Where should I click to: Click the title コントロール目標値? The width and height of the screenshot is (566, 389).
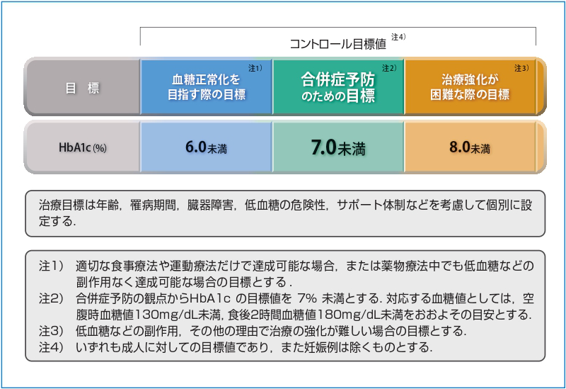coord(338,44)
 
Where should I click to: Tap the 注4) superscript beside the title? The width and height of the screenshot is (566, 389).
coord(398,37)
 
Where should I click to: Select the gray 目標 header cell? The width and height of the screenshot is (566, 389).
coord(82,87)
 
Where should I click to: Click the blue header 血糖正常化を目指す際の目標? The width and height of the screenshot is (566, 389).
coord(206,87)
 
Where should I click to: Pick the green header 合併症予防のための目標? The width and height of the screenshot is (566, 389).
coord(338,87)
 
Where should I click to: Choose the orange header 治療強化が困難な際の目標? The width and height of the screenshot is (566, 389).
coord(470,87)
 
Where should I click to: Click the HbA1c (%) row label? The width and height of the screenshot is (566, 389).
coord(82,147)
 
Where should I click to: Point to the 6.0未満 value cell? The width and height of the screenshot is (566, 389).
coord(206,147)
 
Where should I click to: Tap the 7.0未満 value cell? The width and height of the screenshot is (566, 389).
coord(338,147)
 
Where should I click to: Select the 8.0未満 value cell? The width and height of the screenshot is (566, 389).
coord(470,147)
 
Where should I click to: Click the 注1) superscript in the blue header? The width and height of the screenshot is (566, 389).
coord(255,68)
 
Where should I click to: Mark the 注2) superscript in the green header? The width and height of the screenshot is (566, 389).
coord(389,68)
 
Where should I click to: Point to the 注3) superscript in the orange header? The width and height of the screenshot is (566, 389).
coord(521,68)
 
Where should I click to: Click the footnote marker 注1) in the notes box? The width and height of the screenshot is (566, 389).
coord(51,266)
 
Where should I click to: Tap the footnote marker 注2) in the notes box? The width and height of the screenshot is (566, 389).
coord(51,298)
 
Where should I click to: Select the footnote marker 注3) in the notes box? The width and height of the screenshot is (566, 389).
coord(51,331)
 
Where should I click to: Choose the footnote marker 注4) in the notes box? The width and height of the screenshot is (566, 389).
coord(51,347)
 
